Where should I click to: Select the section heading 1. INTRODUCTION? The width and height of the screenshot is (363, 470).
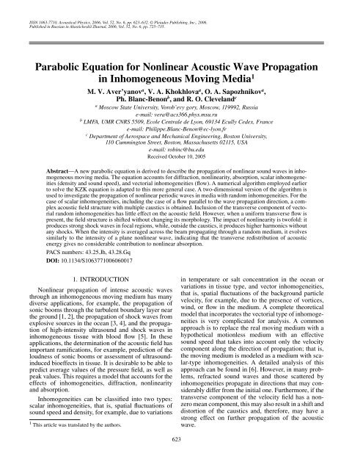92,258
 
